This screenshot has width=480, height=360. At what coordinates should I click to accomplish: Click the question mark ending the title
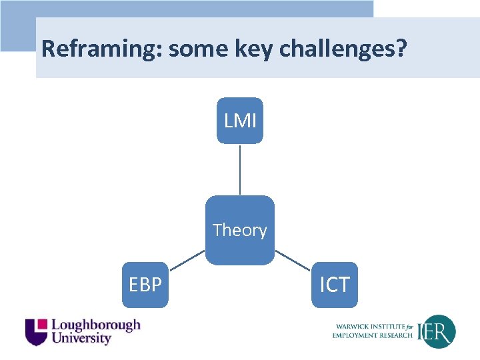[x=400, y=49]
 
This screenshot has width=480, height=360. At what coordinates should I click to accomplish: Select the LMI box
[x=240, y=121]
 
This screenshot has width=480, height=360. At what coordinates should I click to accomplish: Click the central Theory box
[x=240, y=230]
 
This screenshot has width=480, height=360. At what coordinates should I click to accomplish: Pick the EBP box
[x=145, y=285]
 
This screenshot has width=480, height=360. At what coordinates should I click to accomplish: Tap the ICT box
[x=334, y=285]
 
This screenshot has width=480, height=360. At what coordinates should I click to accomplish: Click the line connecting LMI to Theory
[x=240, y=169]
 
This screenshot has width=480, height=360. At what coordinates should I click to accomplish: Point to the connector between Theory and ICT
[x=292, y=259]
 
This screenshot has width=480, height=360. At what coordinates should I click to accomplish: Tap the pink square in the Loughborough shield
[x=42, y=324]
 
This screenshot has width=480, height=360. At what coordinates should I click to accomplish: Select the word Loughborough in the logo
[x=96, y=325]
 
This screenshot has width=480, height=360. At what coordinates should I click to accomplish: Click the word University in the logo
[x=81, y=339]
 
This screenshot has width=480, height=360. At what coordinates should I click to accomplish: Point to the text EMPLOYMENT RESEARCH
[x=372, y=335]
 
